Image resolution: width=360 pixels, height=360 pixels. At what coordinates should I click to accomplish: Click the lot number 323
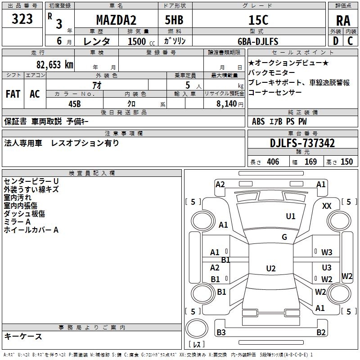pos(22,18)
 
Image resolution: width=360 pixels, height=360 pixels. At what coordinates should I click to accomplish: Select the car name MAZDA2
pos(116,20)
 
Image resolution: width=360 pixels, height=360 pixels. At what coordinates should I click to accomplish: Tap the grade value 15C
pos(258,20)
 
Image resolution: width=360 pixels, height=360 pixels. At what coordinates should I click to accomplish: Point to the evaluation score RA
pos(343,21)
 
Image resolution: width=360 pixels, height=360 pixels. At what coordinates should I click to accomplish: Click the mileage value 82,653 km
pos(55,64)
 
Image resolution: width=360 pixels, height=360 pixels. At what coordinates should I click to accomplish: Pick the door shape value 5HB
pos(174,20)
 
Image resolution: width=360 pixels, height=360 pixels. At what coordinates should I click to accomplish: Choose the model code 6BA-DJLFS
pos(258,41)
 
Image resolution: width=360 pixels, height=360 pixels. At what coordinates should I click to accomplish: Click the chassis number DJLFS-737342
pos(302,143)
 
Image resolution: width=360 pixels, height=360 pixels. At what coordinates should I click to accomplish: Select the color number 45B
pos(75,104)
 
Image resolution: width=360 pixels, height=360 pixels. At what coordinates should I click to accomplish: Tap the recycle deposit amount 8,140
pos(227,104)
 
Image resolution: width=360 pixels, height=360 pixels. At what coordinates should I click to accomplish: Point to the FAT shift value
pos(13,94)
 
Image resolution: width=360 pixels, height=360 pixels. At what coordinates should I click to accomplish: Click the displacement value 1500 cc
pos(141,41)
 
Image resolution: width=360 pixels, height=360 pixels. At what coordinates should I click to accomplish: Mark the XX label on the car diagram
pos(327,206)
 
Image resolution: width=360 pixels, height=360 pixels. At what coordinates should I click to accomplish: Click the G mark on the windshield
pos(284,237)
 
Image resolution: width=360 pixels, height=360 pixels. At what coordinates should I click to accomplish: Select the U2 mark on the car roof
pos(271,268)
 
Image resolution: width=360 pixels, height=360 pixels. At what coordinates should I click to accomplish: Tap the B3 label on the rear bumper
pos(221,333)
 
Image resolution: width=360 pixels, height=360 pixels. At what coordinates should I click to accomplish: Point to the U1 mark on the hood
pos(290,216)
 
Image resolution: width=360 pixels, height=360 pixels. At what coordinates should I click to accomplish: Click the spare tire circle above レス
pos(197,328)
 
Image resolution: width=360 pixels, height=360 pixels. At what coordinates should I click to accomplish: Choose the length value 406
pos(273,162)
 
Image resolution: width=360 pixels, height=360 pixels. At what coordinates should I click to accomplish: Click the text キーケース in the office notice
pos(23,337)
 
